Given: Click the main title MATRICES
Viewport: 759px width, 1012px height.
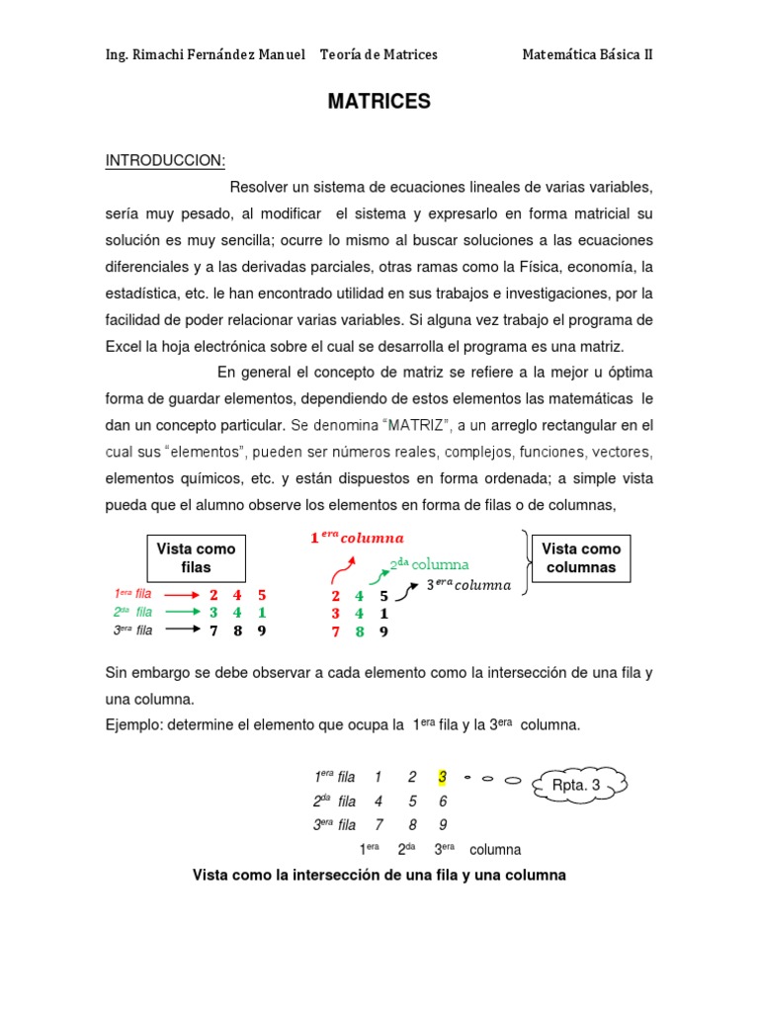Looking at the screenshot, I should point(379,102).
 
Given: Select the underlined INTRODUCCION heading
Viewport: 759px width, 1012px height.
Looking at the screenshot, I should point(166,161).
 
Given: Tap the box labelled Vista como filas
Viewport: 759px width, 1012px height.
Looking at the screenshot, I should point(196,558).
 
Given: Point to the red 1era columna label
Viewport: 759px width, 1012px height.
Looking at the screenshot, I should point(358,538).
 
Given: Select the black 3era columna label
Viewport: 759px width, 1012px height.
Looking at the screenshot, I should point(468,584).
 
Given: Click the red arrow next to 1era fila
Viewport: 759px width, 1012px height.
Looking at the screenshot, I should point(181,595).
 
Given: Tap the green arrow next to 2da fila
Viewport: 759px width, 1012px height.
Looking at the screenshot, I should point(181,613).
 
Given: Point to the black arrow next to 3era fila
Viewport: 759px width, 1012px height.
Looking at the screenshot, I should point(181,630).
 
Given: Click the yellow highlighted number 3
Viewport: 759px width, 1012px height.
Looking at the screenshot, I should point(443,777).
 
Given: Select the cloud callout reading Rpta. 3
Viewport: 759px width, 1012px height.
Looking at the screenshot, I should point(576,786).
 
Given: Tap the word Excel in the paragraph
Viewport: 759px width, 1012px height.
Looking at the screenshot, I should point(125,347).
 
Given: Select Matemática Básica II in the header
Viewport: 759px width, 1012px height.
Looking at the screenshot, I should point(587,54).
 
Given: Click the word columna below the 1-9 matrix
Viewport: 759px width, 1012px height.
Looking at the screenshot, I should point(495,850).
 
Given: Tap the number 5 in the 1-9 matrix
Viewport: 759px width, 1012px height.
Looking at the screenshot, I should point(412,801).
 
